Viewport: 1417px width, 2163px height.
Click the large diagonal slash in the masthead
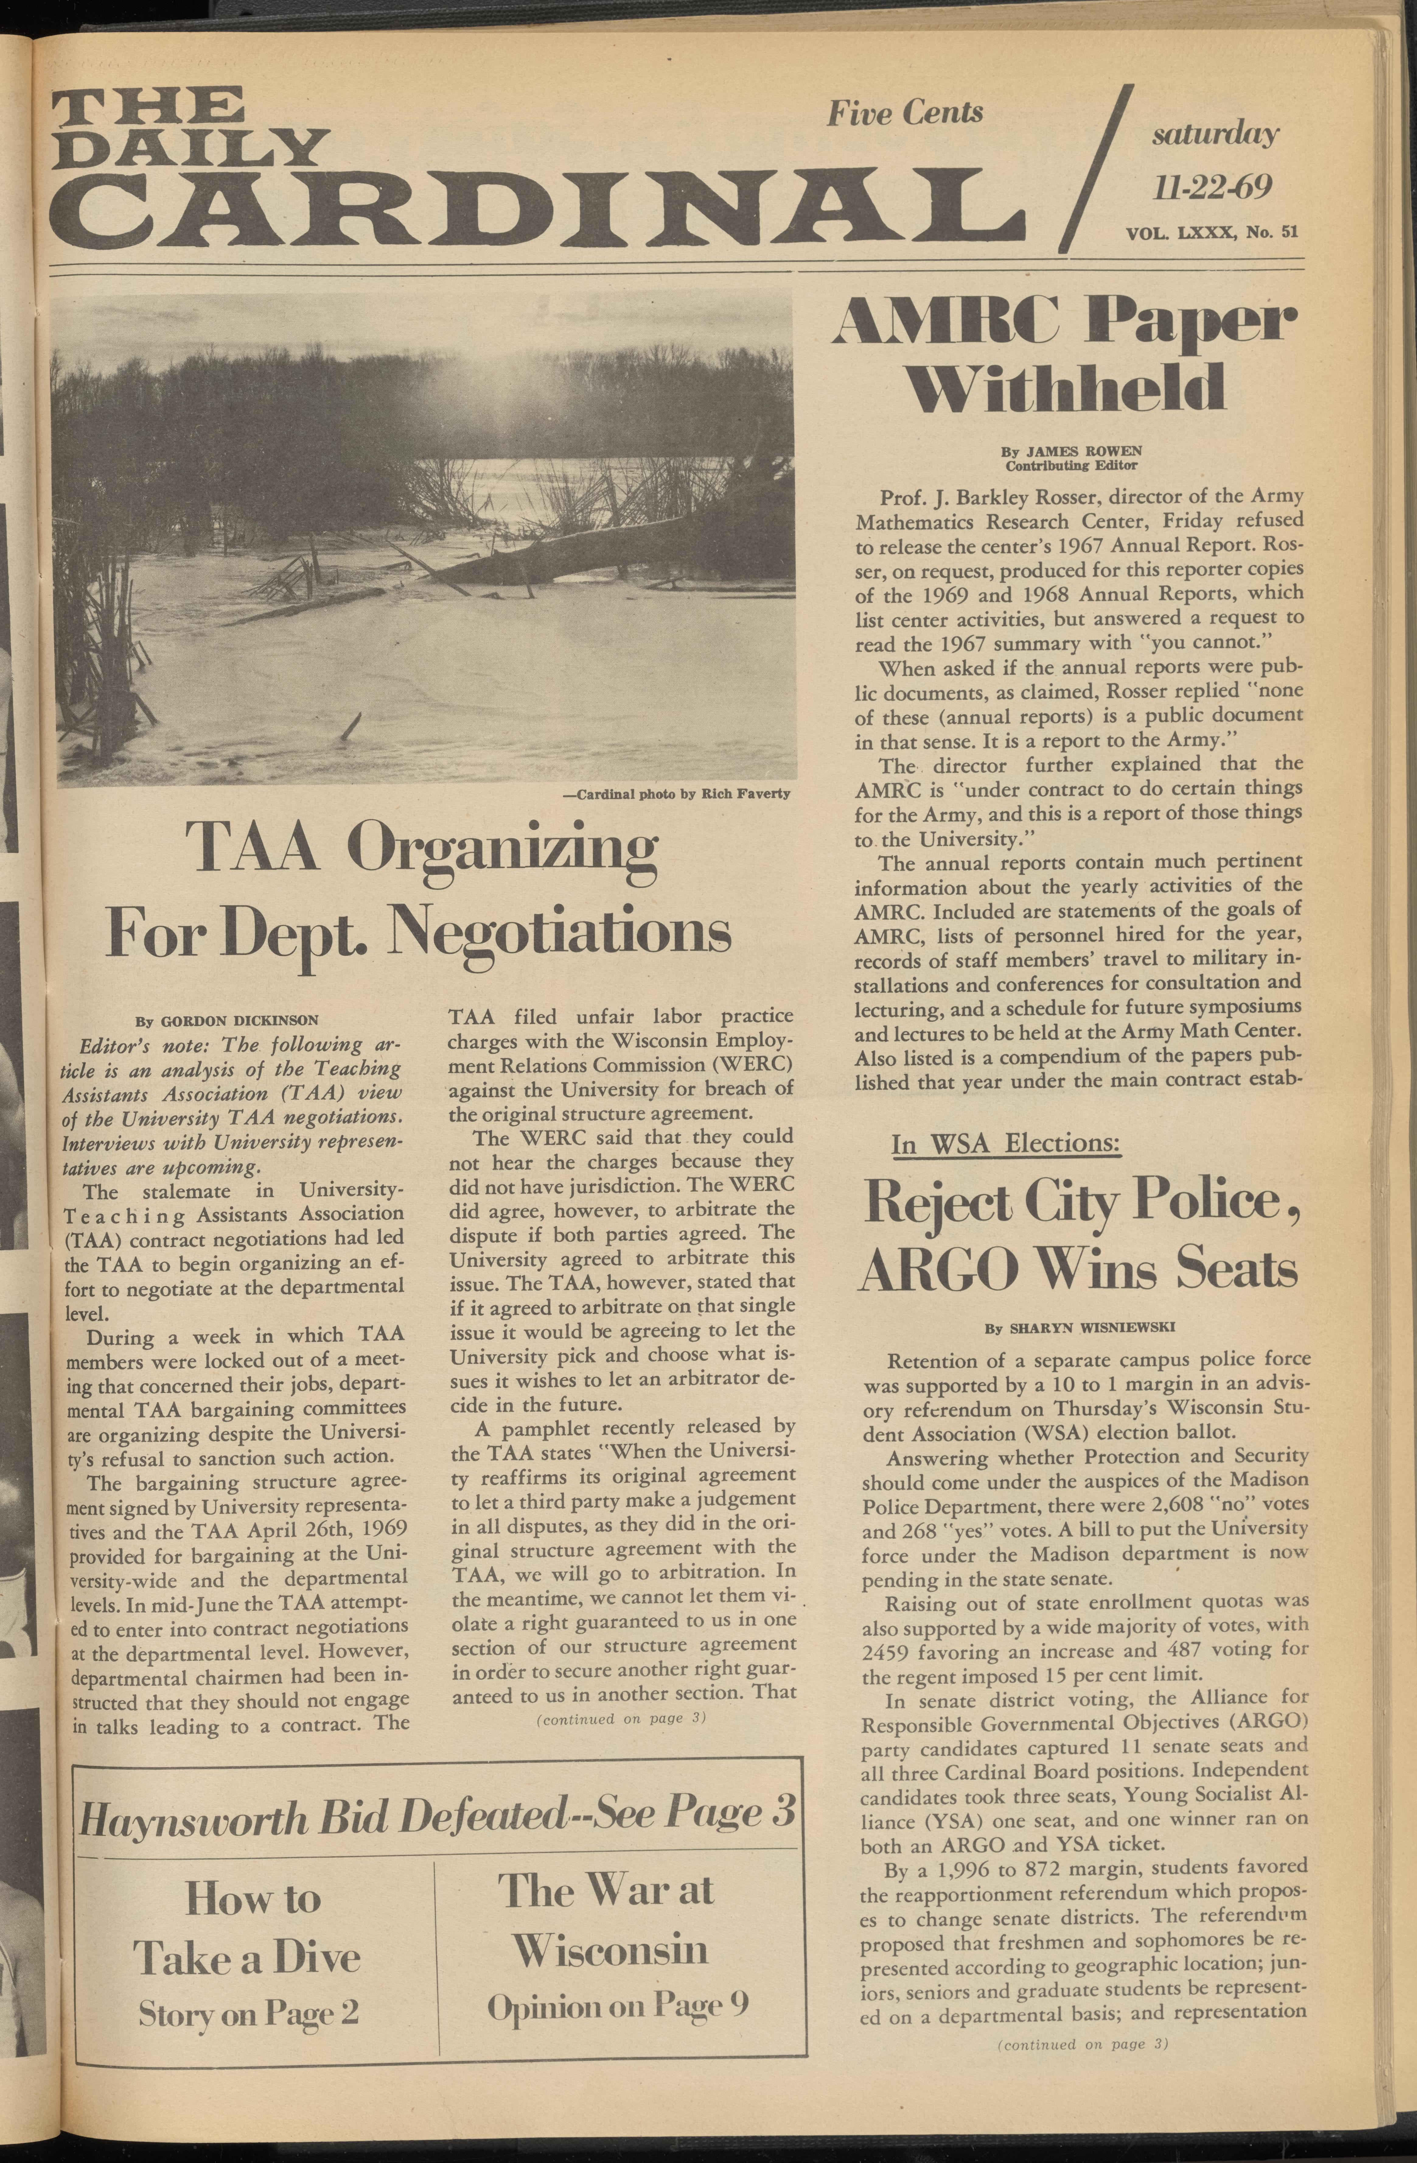1096,168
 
